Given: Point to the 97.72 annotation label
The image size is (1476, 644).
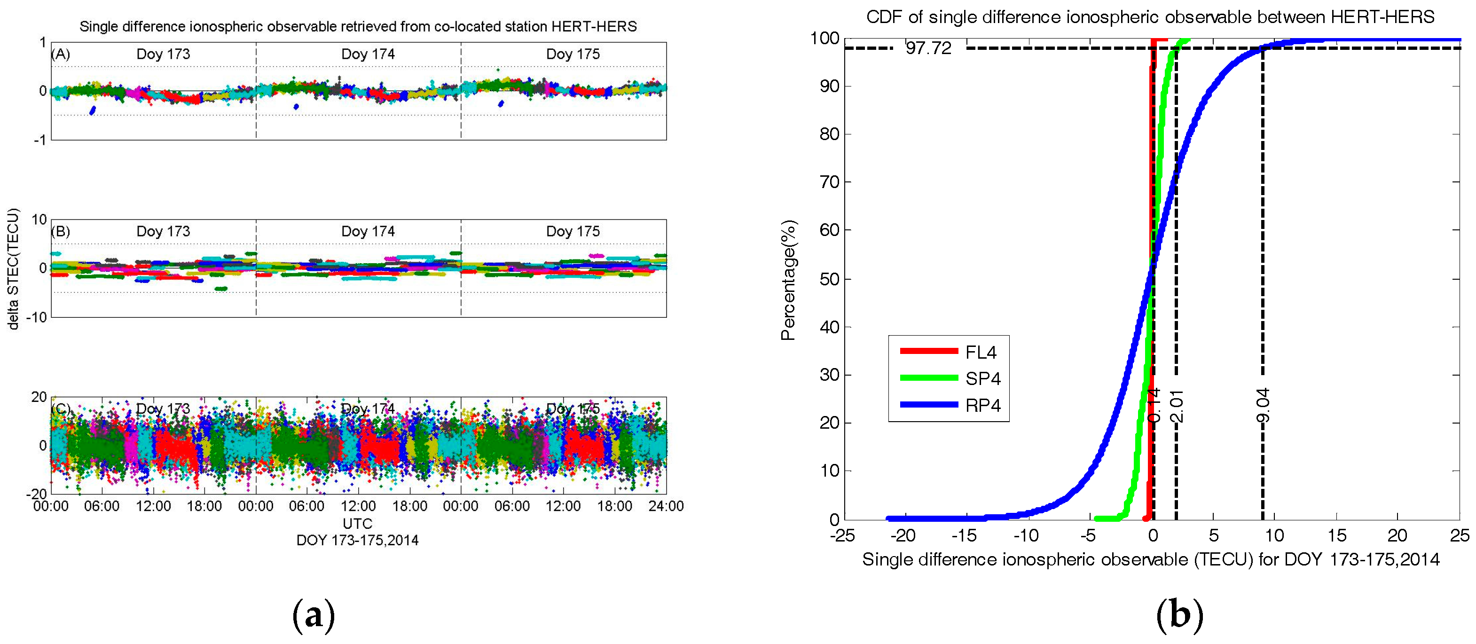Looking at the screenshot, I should point(928,48).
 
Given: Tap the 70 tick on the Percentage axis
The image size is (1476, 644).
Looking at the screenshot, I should point(829,182).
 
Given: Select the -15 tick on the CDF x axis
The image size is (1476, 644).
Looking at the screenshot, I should point(964,536).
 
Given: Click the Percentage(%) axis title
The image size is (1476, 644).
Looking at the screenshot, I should point(788,280).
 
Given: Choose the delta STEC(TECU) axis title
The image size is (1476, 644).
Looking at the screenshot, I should point(13,269).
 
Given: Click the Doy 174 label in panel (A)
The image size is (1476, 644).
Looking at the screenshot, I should point(368,54).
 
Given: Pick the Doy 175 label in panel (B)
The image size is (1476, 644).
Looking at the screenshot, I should point(573,231).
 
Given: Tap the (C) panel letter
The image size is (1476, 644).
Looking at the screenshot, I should point(61,408).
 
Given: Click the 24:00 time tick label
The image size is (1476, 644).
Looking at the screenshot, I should point(666,506).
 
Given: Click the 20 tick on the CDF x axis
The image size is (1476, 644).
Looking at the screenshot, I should point(1397,536).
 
